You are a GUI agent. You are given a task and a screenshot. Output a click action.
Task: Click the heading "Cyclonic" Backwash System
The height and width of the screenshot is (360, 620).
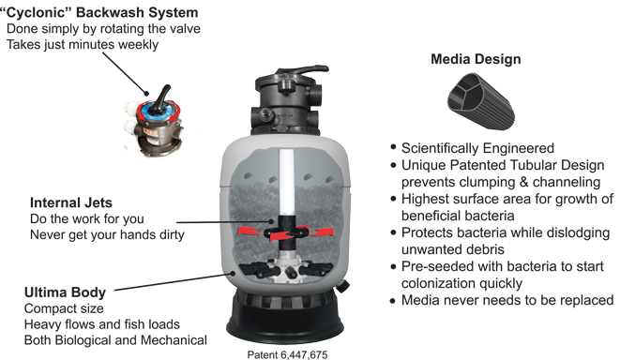tap(98, 12)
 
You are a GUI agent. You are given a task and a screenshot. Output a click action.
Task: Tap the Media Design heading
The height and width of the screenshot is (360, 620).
tap(476, 59)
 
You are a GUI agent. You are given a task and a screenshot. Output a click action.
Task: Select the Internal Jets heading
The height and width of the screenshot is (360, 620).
tap(71, 202)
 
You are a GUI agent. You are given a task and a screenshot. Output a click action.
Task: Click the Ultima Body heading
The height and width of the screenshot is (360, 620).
tap(66, 292)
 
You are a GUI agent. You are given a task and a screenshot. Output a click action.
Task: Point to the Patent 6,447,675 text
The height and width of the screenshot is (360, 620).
tap(287, 354)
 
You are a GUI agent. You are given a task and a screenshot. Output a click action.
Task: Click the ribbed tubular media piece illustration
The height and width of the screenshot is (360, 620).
tap(481, 100)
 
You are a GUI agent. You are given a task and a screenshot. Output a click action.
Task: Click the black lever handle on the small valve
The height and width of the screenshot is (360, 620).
tap(162, 99)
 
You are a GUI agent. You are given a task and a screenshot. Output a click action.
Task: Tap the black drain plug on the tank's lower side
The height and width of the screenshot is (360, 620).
tap(342, 286)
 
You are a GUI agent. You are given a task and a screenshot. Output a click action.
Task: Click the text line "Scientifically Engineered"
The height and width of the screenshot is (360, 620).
tap(477, 148)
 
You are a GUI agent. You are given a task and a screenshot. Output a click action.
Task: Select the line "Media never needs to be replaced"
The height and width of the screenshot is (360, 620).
tap(507, 300)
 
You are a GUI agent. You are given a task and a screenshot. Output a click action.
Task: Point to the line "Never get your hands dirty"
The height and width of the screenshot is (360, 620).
tap(107, 234)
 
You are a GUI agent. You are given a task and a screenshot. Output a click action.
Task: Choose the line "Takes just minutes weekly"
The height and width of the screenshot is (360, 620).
tap(83, 44)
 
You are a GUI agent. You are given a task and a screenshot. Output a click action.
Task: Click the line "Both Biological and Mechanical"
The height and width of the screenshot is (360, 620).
tap(115, 340)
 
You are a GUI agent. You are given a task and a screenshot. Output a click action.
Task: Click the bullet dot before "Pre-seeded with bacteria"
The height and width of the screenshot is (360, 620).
tap(393, 267)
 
